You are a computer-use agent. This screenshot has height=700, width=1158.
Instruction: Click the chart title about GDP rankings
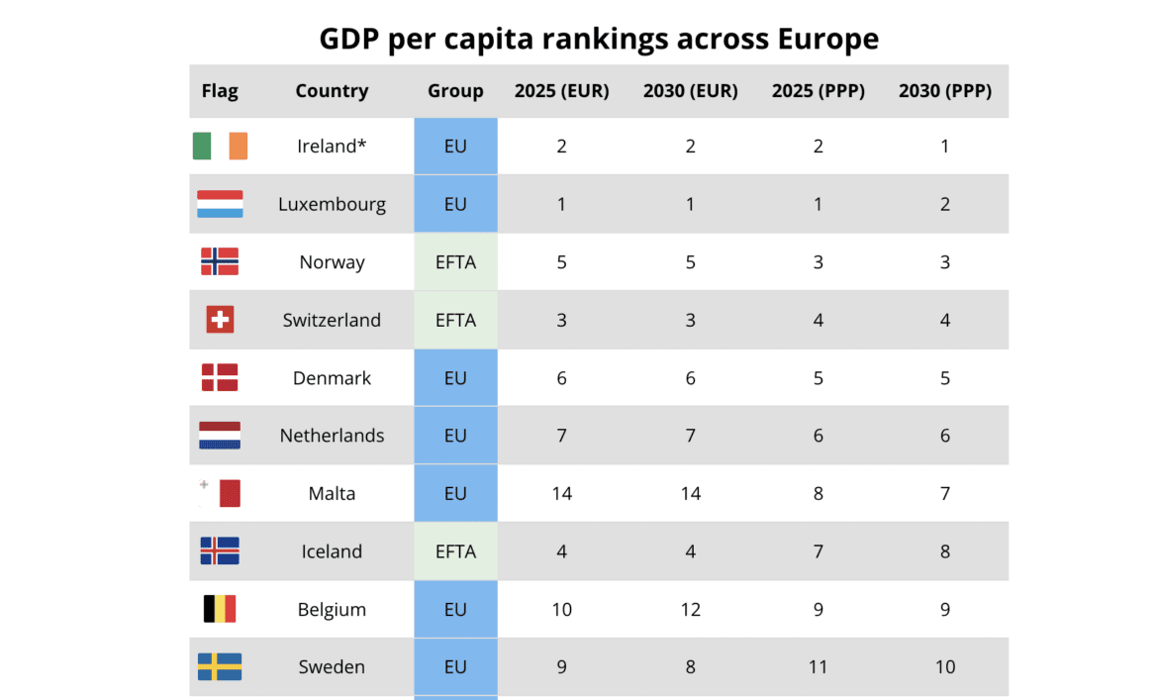click(x=599, y=39)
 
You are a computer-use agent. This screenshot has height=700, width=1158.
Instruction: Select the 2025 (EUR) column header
click(x=562, y=91)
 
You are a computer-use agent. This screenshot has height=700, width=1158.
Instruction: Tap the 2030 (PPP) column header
click(x=945, y=91)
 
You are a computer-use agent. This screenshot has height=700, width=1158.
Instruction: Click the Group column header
click(x=455, y=91)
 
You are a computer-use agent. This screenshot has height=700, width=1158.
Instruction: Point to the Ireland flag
click(x=220, y=147)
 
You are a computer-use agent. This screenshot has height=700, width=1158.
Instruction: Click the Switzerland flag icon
click(x=220, y=320)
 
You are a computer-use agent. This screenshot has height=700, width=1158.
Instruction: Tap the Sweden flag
click(x=220, y=666)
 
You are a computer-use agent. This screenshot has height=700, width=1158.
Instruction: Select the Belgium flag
click(x=220, y=609)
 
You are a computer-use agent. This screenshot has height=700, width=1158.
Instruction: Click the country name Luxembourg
click(x=333, y=204)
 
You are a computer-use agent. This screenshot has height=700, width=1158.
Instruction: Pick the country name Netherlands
click(x=333, y=436)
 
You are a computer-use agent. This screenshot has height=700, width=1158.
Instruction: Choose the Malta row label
click(x=333, y=493)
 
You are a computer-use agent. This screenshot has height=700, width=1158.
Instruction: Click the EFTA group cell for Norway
click(x=455, y=262)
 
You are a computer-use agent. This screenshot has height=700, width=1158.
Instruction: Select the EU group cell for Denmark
click(x=455, y=378)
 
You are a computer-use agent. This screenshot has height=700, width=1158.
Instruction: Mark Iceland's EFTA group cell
click(x=455, y=551)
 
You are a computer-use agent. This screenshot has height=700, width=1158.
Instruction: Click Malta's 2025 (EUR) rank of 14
click(x=562, y=493)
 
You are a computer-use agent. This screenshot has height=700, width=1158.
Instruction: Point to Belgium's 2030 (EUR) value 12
click(x=691, y=609)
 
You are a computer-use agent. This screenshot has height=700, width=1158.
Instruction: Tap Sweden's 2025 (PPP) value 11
click(x=819, y=666)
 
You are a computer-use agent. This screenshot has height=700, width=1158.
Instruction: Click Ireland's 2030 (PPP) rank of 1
click(x=945, y=147)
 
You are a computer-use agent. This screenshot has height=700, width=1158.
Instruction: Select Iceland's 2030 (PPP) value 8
click(x=945, y=551)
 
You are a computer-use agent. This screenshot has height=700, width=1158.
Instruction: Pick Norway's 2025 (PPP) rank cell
click(x=819, y=262)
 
